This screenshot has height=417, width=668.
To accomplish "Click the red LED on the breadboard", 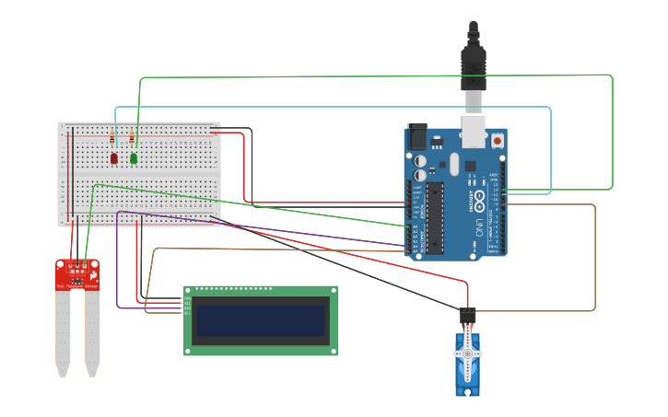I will [x=114, y=158].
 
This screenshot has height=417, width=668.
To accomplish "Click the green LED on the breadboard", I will [x=134, y=158].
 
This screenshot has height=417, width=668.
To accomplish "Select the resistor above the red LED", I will [x=112, y=139].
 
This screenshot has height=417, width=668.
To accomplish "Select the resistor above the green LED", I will [x=132, y=139].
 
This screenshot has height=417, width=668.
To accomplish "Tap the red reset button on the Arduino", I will [x=498, y=141].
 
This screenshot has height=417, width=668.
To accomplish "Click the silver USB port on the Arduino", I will [x=474, y=133].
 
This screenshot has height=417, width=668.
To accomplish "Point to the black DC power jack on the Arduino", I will [x=417, y=137].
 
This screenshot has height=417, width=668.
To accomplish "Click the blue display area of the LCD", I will [x=261, y=320].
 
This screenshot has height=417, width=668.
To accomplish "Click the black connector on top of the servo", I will [x=467, y=316].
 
